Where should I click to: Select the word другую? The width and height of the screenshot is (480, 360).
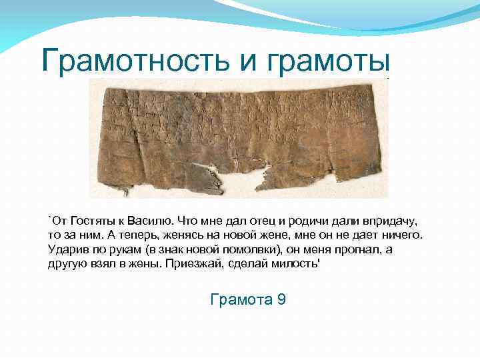[x=67, y=264]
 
